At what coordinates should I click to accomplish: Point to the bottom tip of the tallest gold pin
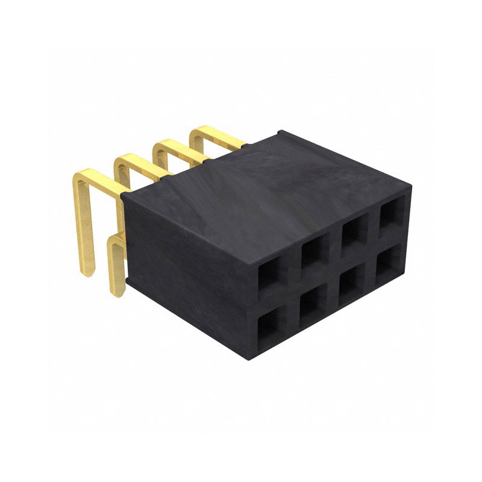pyautogui.click(x=87, y=271)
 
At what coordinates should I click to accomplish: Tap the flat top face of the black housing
pyautogui.click(x=265, y=187)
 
